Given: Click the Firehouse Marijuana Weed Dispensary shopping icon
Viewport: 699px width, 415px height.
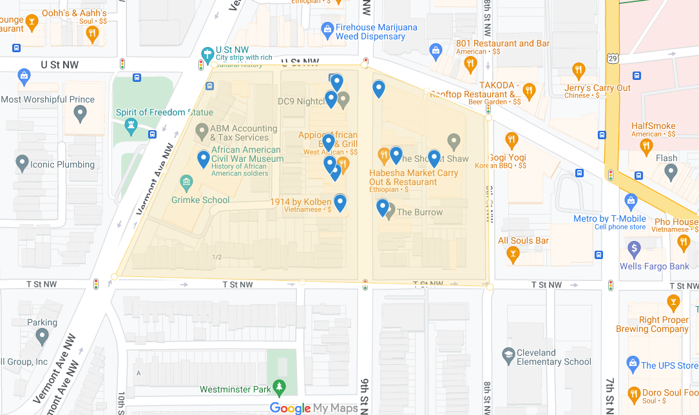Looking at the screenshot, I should (x=327, y=29).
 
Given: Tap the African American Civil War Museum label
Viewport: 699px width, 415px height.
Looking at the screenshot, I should (x=247, y=154).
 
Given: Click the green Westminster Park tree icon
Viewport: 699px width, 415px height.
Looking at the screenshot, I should (x=279, y=387).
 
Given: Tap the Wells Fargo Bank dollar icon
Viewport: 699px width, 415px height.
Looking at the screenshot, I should (x=634, y=248).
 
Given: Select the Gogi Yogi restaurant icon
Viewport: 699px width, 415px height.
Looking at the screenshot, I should (x=512, y=140).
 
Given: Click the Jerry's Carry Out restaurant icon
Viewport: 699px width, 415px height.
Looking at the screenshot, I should (x=579, y=70).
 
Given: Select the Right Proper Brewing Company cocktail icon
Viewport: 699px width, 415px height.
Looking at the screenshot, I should (x=673, y=302).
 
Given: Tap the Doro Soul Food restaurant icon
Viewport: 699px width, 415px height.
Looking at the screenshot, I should (x=634, y=394).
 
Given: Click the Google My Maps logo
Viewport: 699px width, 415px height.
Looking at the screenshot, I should (x=314, y=408).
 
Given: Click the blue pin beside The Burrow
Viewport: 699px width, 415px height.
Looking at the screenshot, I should (x=383, y=207).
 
